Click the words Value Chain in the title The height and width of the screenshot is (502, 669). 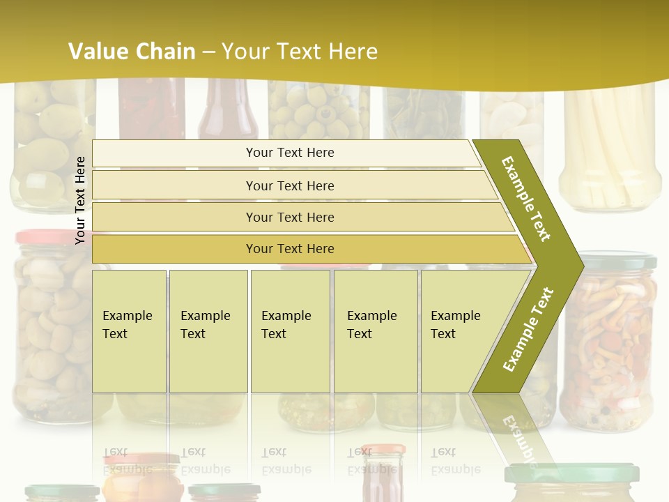pyautogui.click(x=132, y=52)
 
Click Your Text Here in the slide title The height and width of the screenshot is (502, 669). pyautogui.click(x=300, y=52)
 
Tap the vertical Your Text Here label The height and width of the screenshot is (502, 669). pyautogui.click(x=80, y=200)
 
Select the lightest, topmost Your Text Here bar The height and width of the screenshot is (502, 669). pyautogui.click(x=290, y=153)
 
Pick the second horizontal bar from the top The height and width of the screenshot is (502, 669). pyautogui.click(x=290, y=185)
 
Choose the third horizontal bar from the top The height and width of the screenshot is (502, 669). pyautogui.click(x=290, y=217)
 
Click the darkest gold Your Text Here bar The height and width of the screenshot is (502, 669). pyautogui.click(x=290, y=249)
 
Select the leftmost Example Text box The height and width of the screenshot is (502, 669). pyautogui.click(x=129, y=330)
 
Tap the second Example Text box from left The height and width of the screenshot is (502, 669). pyautogui.click(x=208, y=330)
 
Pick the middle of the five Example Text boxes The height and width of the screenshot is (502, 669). pyautogui.click(x=290, y=330)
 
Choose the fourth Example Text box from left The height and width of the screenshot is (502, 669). pyautogui.click(x=376, y=330)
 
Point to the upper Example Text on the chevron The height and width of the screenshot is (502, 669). pyautogui.click(x=526, y=199)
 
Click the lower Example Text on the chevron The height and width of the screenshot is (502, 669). pyautogui.click(x=528, y=329)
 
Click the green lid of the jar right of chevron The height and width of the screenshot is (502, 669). pyautogui.click(x=618, y=261)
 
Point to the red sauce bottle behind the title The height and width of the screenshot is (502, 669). pyautogui.click(x=228, y=112)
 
